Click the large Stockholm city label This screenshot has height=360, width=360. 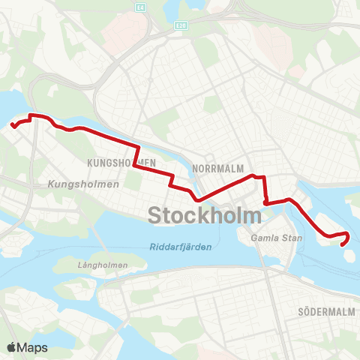click(205, 215)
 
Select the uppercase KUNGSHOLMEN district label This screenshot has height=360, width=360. click(121, 162)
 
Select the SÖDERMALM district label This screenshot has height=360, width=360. click(325, 310)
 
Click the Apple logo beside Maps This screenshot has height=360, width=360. click(12, 347)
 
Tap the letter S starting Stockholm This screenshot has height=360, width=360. click(155, 215)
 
